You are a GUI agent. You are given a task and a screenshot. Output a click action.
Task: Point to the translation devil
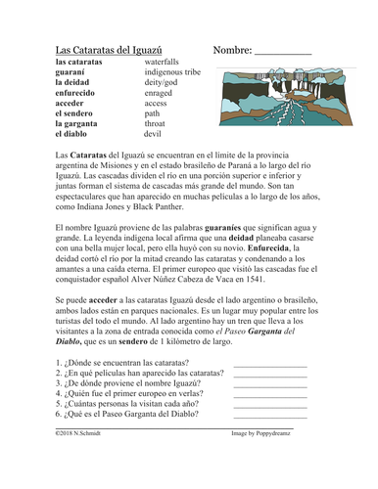click(158, 137)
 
